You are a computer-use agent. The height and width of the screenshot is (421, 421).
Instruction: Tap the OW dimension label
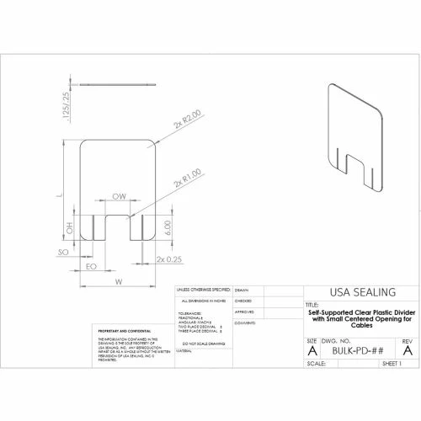pos(119,196)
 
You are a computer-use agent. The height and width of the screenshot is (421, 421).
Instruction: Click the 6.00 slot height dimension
pos(168,226)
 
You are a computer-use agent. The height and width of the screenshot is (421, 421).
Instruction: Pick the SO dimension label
pos(62,252)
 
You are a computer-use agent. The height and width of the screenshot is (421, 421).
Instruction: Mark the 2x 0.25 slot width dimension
pos(170,259)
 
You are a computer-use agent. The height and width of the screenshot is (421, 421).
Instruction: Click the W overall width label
pos(119,280)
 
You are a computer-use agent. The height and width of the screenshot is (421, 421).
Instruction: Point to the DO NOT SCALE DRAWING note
pos(201,344)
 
